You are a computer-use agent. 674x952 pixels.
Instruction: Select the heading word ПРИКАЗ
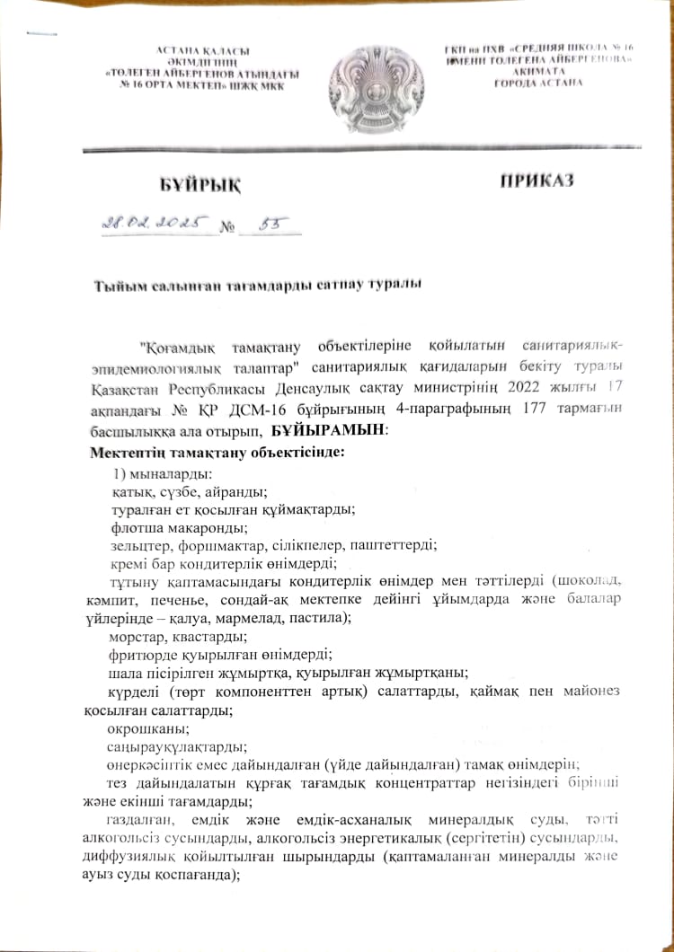(x=537, y=182)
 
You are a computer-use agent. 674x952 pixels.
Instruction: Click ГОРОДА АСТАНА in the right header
(x=537, y=83)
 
